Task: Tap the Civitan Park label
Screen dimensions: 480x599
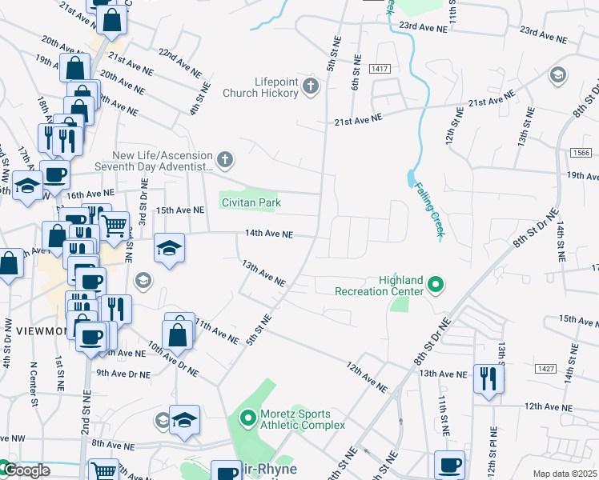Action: pyautogui.click(x=251, y=203)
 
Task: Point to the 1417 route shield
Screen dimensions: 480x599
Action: pyautogui.click(x=380, y=70)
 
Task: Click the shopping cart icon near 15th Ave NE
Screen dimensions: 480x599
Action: pyautogui.click(x=114, y=226)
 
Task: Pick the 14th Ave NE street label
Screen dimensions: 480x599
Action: pyautogui.click(x=269, y=234)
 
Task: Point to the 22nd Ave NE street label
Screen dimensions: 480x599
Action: pyautogui.click(x=178, y=62)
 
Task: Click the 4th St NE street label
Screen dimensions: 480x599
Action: pyautogui.click(x=199, y=98)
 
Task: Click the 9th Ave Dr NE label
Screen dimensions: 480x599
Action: pyautogui.click(x=123, y=373)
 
